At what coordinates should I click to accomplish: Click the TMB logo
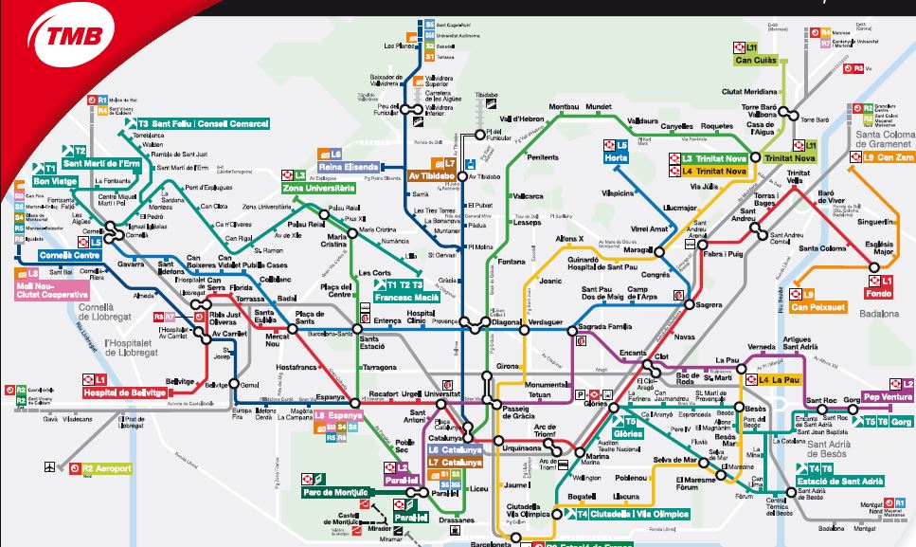[67, 41]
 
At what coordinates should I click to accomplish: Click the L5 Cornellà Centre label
[68, 255]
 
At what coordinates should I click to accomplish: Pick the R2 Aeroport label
[105, 468]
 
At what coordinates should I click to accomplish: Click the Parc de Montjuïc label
[337, 491]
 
